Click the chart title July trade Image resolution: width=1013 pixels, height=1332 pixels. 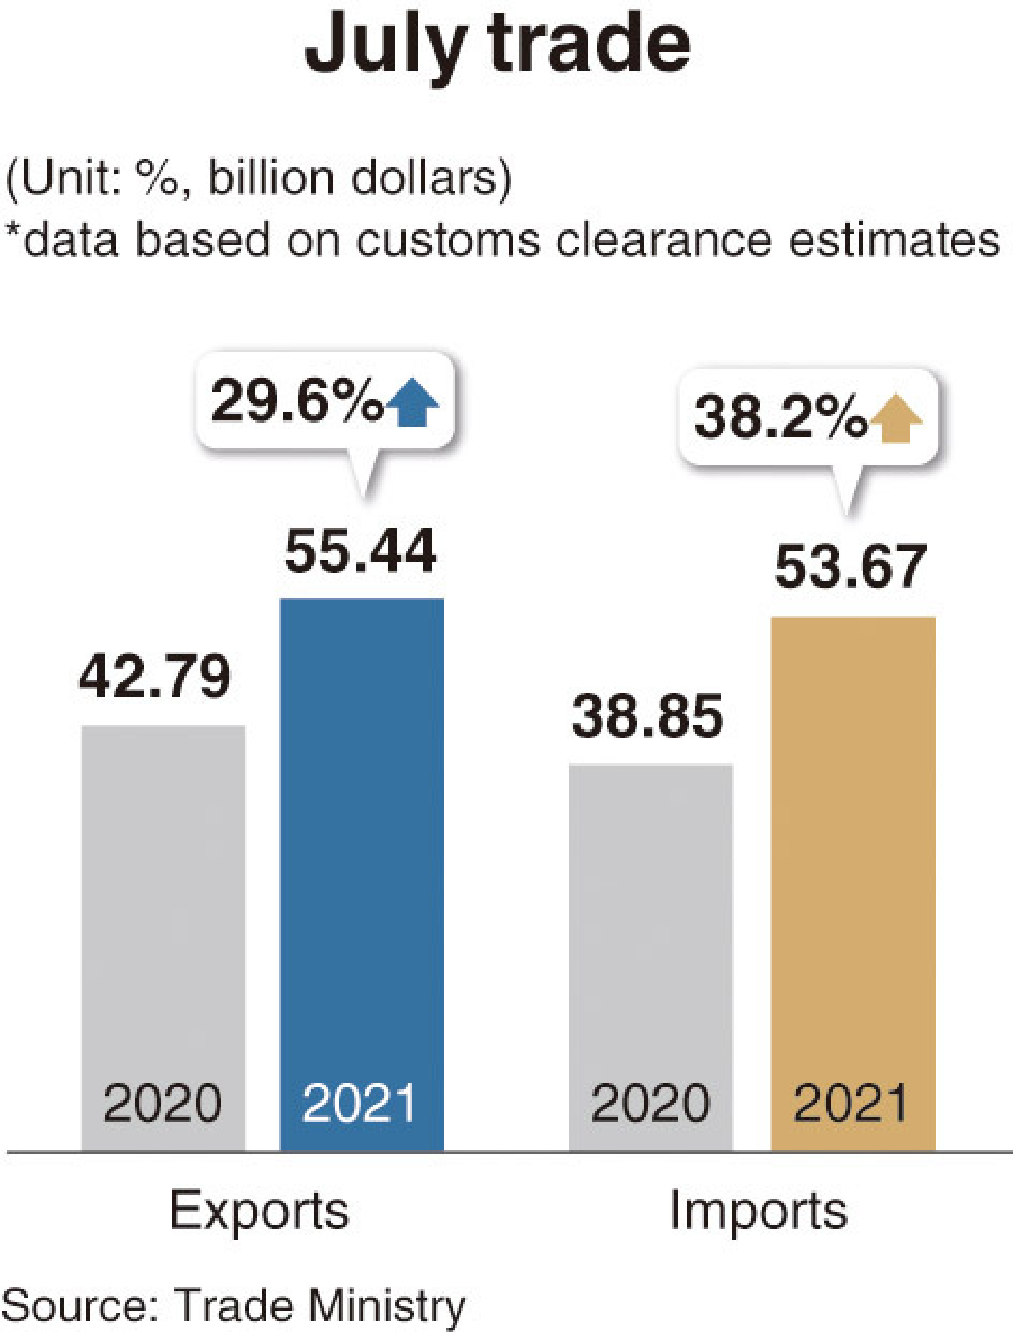[497, 45]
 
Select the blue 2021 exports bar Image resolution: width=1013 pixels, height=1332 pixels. [362, 844]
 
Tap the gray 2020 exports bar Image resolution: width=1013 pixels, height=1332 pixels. [163, 904]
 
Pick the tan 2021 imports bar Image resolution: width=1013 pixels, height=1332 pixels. [853, 844]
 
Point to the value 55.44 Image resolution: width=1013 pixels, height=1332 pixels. [360, 551]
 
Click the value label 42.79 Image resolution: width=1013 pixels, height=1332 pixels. [155, 677]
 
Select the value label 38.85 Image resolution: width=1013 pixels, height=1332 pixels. [647, 716]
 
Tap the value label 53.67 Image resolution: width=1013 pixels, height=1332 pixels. [850, 567]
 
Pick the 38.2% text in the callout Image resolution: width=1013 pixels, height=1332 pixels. [781, 418]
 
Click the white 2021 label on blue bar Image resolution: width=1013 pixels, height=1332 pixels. [360, 1103]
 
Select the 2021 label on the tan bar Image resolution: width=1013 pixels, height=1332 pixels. [851, 1103]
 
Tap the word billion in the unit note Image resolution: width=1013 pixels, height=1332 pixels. [270, 179]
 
